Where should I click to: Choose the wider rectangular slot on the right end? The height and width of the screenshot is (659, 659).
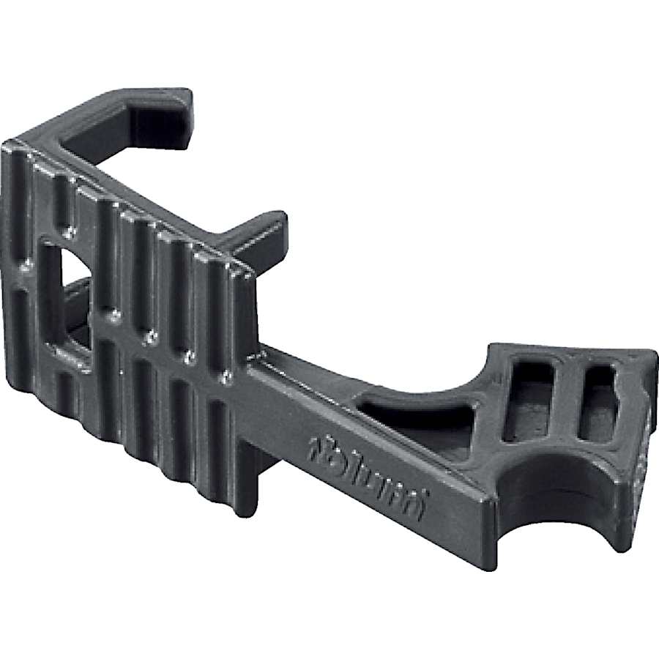tap(530, 399)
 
